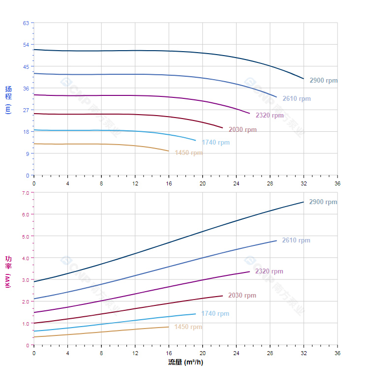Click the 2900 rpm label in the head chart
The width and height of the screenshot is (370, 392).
323,81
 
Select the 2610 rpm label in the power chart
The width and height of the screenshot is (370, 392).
296,241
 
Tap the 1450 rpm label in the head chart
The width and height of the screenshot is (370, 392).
188,153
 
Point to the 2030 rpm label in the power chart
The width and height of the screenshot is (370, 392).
242,296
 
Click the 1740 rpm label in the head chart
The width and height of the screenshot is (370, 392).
216,143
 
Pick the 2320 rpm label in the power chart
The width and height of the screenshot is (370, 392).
269,271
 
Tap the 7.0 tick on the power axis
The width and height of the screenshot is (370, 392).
25,193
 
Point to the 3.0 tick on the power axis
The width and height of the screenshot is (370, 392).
25,280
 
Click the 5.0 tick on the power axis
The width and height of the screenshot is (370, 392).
25,236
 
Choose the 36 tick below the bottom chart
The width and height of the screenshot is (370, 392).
338,353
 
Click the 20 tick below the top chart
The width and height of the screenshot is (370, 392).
202,183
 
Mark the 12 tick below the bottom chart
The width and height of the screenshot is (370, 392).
135,353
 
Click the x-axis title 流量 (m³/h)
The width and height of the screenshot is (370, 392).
185,362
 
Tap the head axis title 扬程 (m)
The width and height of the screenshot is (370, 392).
8,99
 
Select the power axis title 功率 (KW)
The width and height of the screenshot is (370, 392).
8,271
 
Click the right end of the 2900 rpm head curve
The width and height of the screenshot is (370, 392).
304,79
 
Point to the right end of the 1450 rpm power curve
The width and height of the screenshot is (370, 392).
169,327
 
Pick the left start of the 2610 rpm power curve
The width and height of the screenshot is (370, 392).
34,299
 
